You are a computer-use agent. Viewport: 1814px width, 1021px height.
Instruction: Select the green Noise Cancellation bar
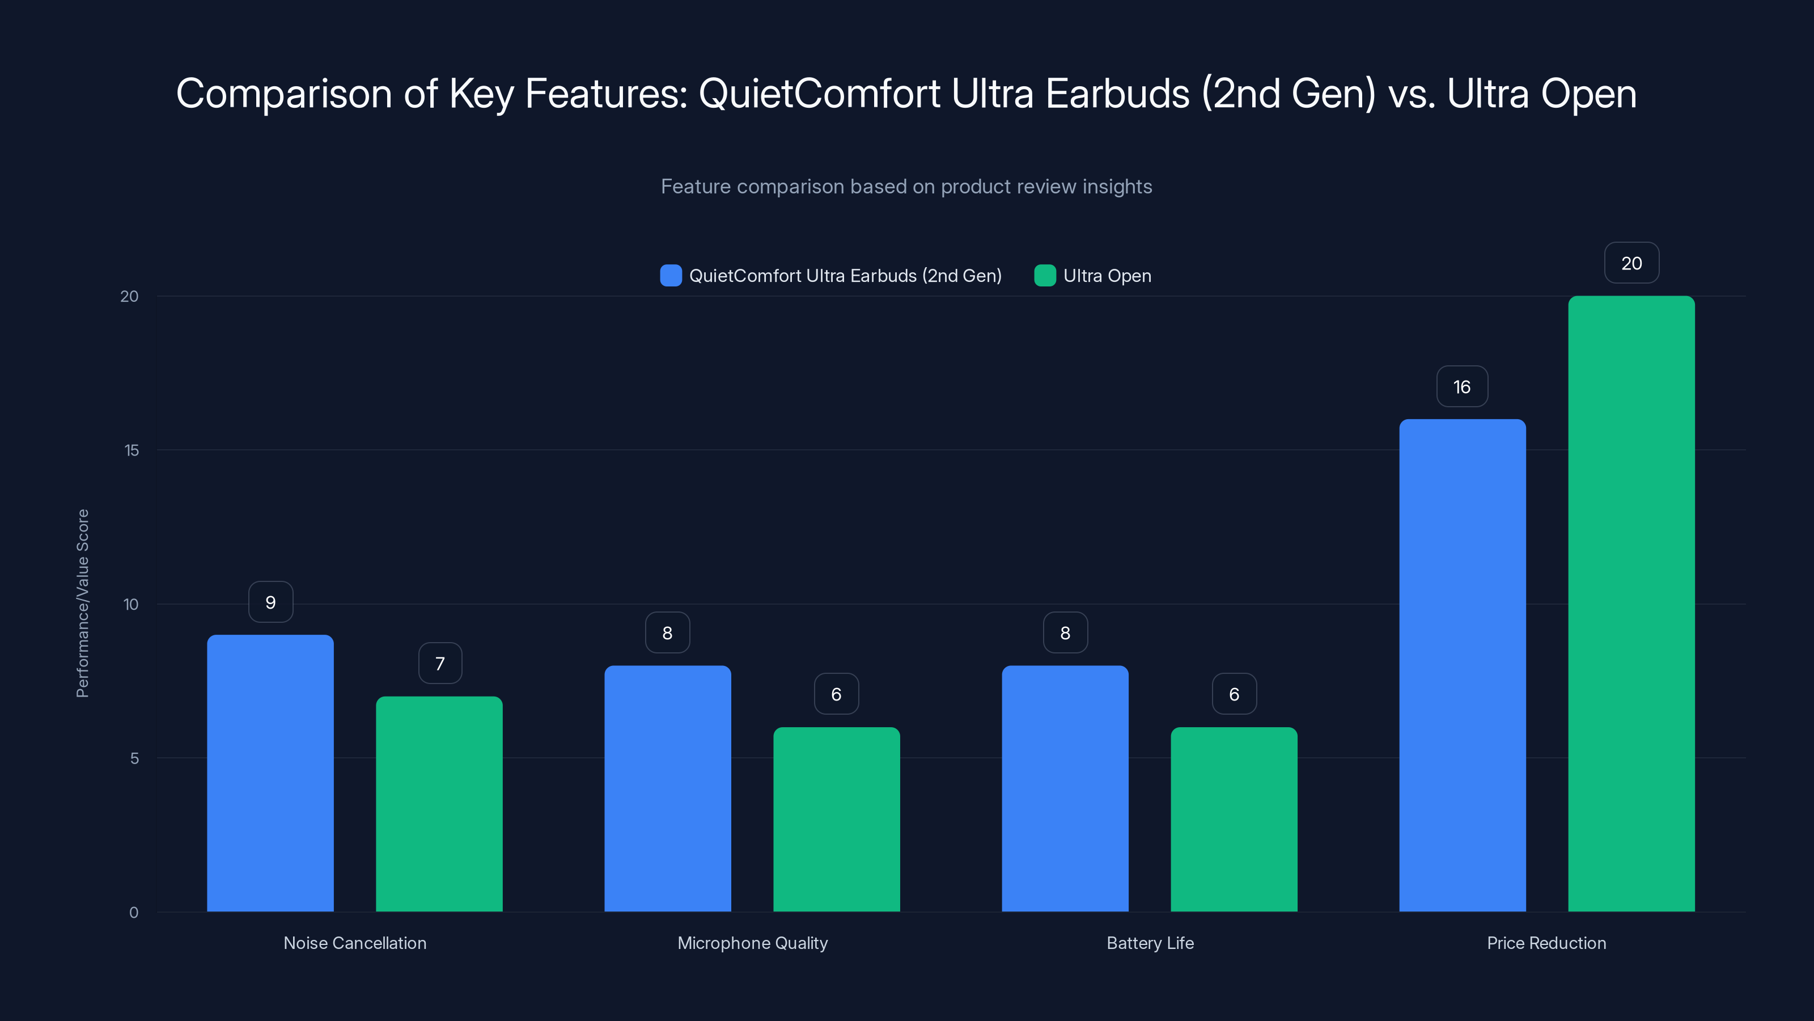[439, 804]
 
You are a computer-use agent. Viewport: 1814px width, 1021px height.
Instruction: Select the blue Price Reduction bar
[1462, 665]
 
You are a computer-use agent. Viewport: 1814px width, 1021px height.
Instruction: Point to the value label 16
[1462, 387]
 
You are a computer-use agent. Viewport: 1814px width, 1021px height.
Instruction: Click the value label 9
[270, 602]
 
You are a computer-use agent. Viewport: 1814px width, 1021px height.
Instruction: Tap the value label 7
[440, 664]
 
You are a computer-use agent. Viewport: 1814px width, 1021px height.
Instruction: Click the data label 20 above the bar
[1631, 264]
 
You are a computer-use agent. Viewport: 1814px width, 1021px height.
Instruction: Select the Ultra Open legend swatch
[1044, 276]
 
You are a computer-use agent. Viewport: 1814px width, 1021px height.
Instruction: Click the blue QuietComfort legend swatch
[671, 276]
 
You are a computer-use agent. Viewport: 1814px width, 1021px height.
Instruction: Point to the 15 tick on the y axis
[132, 450]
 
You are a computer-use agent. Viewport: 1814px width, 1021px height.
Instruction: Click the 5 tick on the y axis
[134, 759]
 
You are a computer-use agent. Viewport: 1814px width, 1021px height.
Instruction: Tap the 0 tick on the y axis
[134, 913]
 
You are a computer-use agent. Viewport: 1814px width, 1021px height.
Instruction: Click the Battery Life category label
[1150, 943]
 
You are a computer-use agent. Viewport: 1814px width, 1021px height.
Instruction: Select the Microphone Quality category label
[752, 943]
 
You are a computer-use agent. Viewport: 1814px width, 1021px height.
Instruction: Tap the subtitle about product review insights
[906, 187]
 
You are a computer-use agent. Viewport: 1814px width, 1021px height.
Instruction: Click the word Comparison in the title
[283, 94]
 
